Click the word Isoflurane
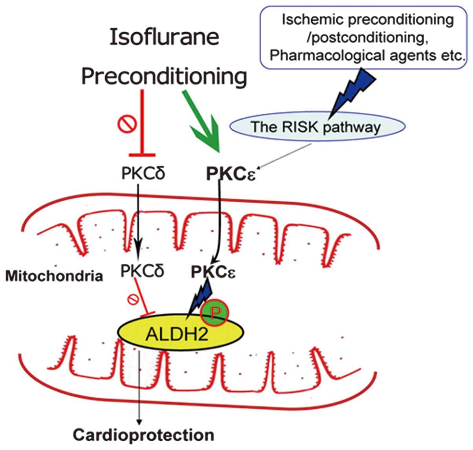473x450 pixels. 164,37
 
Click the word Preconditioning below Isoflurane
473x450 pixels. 164,76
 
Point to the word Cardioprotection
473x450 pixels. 144,435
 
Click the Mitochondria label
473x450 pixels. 54,276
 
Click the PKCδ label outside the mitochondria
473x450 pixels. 143,173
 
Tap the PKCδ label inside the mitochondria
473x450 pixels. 142,271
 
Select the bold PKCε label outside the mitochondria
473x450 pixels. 231,175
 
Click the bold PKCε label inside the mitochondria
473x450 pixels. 213,272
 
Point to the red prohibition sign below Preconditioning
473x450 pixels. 127,124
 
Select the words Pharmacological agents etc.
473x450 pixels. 367,55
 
